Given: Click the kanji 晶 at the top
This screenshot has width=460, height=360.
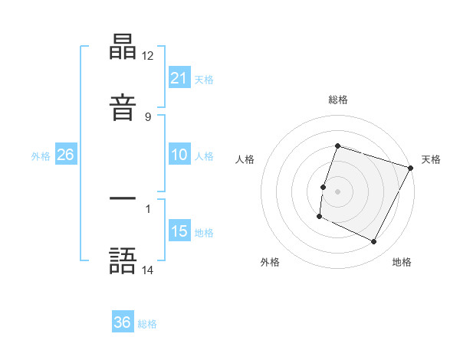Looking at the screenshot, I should coord(123,47).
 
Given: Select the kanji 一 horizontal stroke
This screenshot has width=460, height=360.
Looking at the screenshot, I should coord(123,199).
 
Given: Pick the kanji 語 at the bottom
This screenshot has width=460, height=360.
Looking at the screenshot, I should coord(123,261).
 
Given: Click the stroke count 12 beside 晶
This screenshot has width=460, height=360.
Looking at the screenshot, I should coord(148,56).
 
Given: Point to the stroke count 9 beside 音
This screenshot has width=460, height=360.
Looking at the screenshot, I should coord(148,116).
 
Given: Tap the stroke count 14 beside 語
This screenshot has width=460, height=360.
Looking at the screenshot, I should coord(148,270).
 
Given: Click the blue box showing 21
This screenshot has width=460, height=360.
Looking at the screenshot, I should coord(179,77).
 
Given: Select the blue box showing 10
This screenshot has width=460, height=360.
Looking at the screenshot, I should coord(179,155).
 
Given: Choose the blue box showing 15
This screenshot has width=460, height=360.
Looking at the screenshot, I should coord(179,231).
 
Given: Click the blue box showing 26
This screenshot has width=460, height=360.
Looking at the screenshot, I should coord(66,155).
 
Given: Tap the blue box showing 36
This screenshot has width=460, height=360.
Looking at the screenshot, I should coord(123,322).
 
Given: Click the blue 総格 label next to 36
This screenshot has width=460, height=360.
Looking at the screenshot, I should coord(147,324).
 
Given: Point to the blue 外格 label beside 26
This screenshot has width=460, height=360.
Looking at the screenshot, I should coord(41,156).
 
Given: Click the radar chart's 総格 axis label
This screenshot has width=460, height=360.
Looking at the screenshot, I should coord(338,100).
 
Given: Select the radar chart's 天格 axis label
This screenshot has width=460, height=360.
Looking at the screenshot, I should coord(431,159).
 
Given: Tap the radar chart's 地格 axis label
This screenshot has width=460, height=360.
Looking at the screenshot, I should coord(402,263).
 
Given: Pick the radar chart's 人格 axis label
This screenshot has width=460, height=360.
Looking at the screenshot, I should coord(245,159).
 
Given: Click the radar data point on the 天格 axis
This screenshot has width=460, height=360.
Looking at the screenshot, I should coord(411,168).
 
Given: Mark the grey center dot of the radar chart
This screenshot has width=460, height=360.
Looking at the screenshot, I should coord(338,191).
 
